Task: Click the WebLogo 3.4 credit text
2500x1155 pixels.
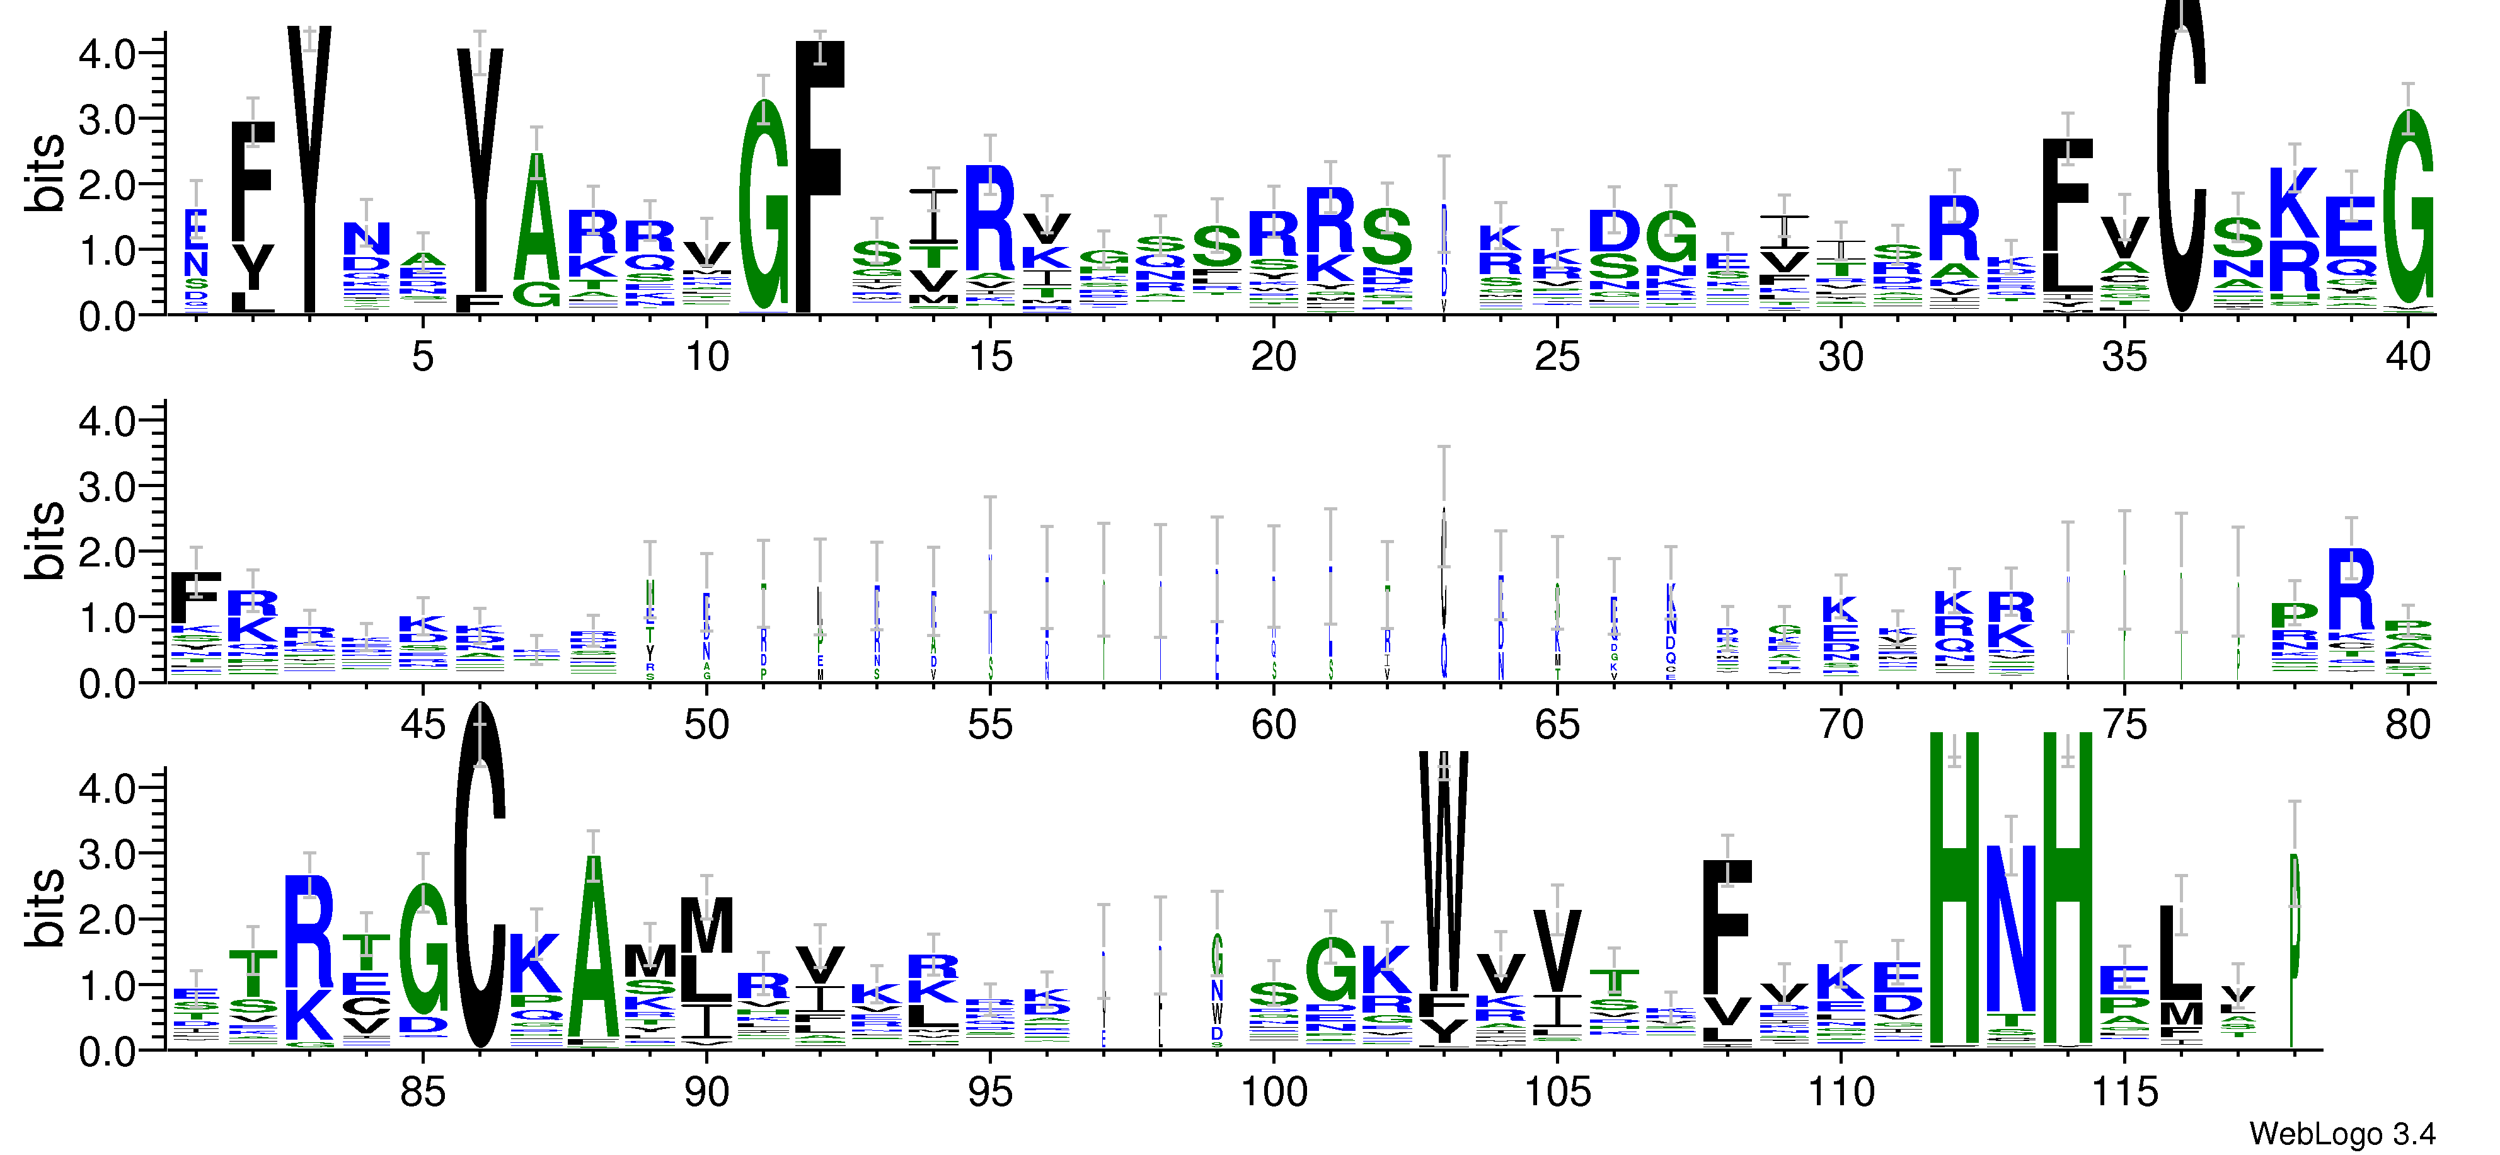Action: pos(2341,1133)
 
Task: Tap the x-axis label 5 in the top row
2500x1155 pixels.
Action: pos(422,357)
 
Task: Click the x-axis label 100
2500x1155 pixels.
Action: pos(1273,1092)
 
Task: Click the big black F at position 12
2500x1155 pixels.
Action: pos(820,175)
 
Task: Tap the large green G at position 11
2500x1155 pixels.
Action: pos(764,209)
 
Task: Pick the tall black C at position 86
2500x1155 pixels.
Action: pos(480,873)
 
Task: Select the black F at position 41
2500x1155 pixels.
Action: pos(196,597)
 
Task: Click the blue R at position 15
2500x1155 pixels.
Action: pos(990,219)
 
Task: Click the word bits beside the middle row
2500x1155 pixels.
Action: pos(43,541)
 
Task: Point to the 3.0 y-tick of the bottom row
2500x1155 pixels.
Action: pos(107,853)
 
